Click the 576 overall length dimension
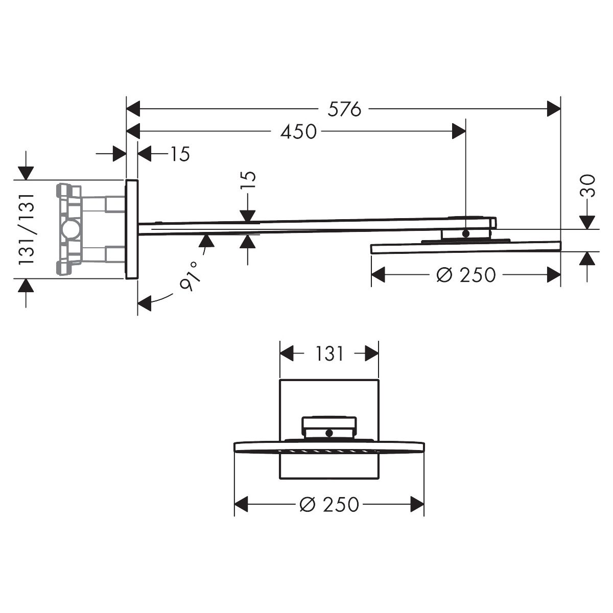tap(344, 109)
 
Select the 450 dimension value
tap(298, 131)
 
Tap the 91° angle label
tap(190, 276)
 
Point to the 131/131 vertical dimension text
tap(27, 229)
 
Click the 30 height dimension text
tap(587, 186)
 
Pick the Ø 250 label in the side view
tap(466, 275)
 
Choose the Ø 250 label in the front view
tap(329, 504)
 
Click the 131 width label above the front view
tap(329, 353)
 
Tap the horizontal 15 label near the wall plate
tap(180, 154)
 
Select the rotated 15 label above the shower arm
tap(248, 181)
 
